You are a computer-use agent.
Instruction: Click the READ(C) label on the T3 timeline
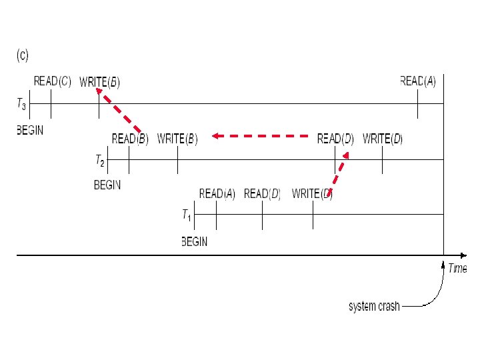click(53, 81)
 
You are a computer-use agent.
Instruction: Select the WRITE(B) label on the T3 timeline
click(99, 82)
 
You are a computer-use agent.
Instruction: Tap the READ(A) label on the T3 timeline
click(418, 81)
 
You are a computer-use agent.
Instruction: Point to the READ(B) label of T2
click(130, 139)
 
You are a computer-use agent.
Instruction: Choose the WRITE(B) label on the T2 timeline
click(177, 139)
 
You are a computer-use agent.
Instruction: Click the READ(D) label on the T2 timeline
click(335, 139)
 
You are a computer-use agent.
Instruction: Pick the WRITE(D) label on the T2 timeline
click(383, 139)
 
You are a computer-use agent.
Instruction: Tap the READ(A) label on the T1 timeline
click(217, 194)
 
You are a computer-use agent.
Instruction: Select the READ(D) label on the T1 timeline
click(263, 194)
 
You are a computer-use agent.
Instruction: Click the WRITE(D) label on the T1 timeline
click(312, 194)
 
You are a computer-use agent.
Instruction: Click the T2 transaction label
click(99, 160)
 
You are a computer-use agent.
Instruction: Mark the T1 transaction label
click(187, 215)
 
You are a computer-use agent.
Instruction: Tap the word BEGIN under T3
click(30, 130)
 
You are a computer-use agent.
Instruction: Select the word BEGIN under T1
click(195, 242)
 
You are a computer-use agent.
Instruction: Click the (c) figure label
click(22, 56)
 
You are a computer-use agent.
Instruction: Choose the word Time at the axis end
click(457, 269)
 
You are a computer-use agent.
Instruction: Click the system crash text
click(375, 307)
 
